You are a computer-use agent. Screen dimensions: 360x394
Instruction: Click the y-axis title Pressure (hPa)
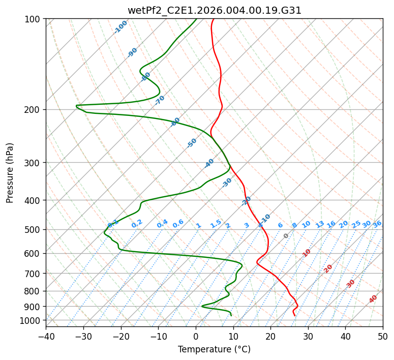(x=10, y=173)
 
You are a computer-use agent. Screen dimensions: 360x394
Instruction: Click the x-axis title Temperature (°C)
(x=214, y=350)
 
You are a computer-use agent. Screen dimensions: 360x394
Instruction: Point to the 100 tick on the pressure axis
(x=33, y=19)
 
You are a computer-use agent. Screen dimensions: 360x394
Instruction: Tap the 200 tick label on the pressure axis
(x=33, y=110)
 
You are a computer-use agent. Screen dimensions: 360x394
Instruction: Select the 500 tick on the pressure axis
(x=33, y=230)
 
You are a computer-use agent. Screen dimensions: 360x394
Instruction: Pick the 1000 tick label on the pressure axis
(x=31, y=320)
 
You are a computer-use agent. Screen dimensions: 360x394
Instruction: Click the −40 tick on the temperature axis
(x=46, y=336)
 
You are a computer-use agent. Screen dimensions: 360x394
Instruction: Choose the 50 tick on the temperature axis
(x=383, y=336)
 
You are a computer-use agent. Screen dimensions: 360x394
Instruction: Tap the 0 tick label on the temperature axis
(x=196, y=336)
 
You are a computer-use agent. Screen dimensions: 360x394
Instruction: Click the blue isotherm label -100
(x=120, y=27)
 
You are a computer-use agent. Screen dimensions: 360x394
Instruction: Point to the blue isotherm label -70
(x=160, y=100)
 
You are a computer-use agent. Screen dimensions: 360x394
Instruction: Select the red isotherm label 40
(x=373, y=299)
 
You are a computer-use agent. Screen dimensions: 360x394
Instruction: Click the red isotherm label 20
(x=328, y=268)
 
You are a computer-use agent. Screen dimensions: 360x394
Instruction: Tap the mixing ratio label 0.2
(x=137, y=224)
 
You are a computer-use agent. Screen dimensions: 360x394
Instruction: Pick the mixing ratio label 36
(x=377, y=224)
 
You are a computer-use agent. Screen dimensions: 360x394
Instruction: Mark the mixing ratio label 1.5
(x=216, y=224)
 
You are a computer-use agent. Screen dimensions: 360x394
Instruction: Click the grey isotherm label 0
(x=286, y=236)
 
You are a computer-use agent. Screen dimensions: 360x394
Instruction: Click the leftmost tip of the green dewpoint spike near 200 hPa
(x=76, y=106)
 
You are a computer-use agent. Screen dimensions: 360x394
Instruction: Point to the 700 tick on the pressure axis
(x=33, y=274)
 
